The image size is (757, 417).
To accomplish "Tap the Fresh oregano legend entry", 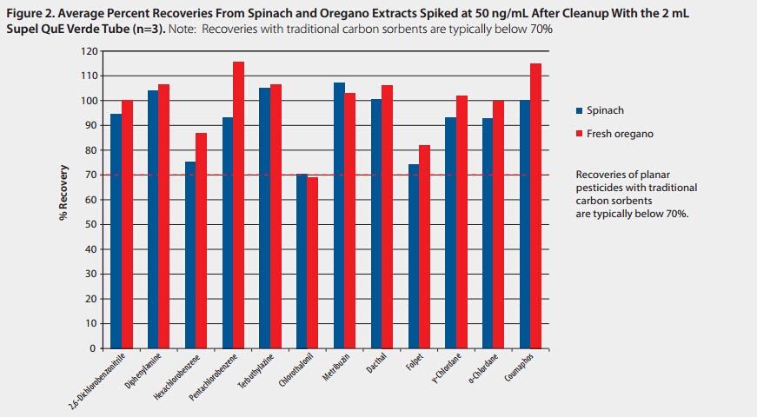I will click(x=612, y=134).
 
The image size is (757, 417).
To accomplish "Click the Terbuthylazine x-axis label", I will click(x=259, y=373).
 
